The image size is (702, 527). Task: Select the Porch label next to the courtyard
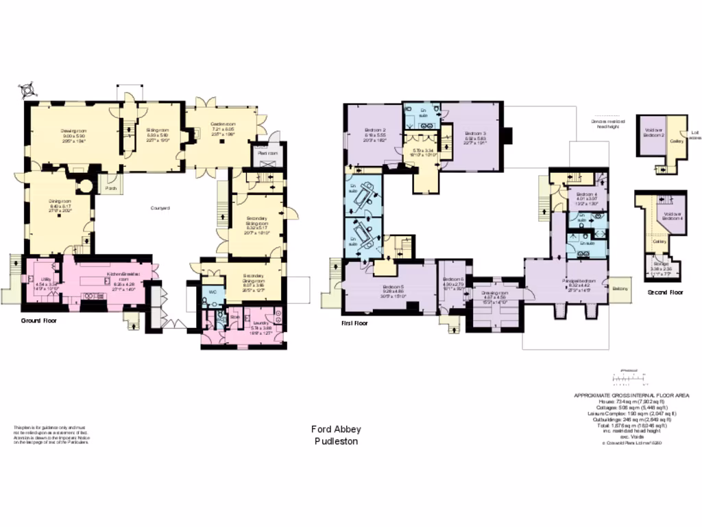[x=111, y=187]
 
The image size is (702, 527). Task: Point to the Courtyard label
[x=161, y=208]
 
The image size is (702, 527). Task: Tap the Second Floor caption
[x=666, y=292]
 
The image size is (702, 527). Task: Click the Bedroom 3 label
[x=475, y=133]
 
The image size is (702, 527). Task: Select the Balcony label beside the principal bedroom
[x=620, y=288]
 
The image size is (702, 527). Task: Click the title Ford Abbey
[x=336, y=429]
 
